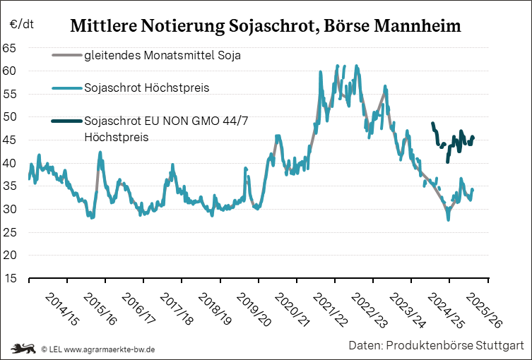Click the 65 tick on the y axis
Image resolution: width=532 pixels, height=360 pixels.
click(x=10, y=48)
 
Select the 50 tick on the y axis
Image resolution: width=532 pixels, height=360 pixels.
click(x=10, y=117)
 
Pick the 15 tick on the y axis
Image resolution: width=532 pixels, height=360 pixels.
click(x=10, y=279)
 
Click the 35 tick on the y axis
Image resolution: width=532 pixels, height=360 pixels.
click(x=10, y=186)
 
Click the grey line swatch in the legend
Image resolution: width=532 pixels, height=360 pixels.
click(x=66, y=54)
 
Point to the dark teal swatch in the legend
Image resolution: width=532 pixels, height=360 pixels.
click(x=66, y=121)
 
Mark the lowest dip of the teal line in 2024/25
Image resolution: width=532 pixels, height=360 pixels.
click(x=448, y=219)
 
